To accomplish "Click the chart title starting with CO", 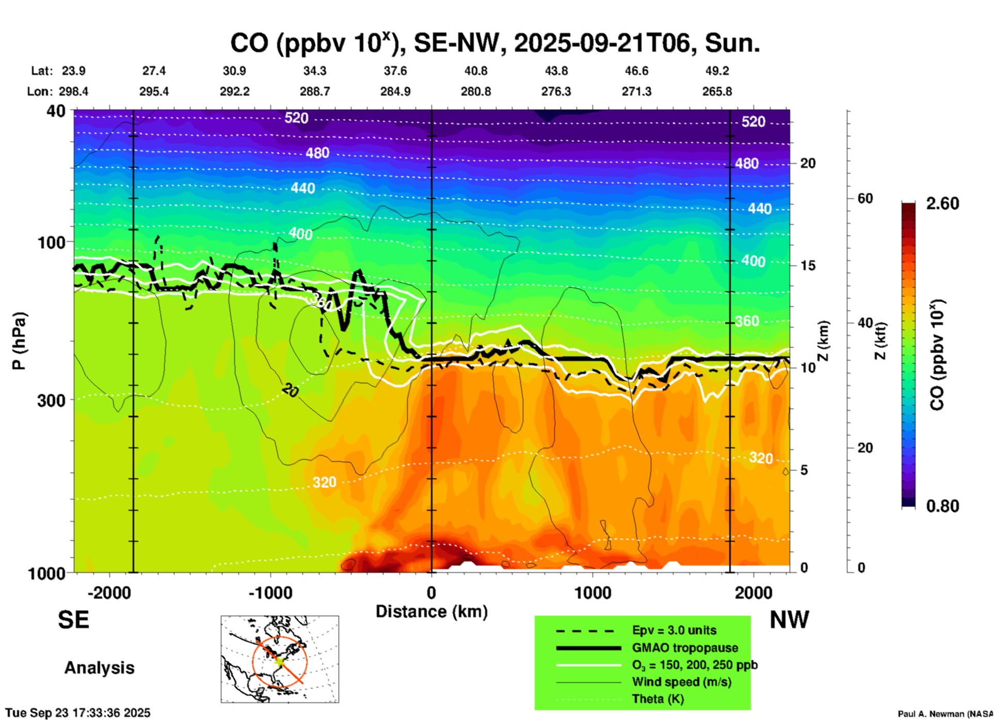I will tap(494, 43).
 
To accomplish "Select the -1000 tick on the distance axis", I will tap(270, 592).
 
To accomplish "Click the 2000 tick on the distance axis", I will tap(753, 592).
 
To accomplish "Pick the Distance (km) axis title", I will tap(431, 612).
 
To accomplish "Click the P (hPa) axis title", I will tap(19, 341).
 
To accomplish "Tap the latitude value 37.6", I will tap(395, 71).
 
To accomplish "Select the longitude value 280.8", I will tap(475, 91).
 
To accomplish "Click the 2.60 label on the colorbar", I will tap(942, 204).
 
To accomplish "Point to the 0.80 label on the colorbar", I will tap(942, 506).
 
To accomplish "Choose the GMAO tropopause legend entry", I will tap(685, 648).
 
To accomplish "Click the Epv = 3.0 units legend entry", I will tap(674, 631).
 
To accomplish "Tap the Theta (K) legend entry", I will tap(658, 699).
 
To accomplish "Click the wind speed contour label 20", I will tap(290, 391).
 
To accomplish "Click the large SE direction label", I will tap(73, 620).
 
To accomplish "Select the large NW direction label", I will tap(789, 620).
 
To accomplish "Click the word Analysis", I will tap(99, 668).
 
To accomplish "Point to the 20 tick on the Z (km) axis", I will tap(808, 163).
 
